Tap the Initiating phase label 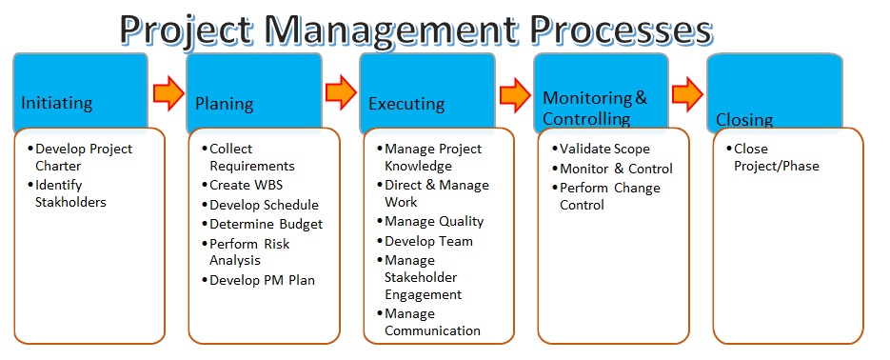pos(57,103)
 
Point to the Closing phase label pos(744,120)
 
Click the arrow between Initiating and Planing pos(168,93)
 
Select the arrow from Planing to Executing pos(341,93)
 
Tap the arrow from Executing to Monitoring pos(515,93)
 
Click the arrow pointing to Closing pos(688,93)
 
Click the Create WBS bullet pos(246,185)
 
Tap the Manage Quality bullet pos(433,221)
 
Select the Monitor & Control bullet pos(615,169)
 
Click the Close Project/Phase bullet pos(775,157)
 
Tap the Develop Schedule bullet pos(263,205)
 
